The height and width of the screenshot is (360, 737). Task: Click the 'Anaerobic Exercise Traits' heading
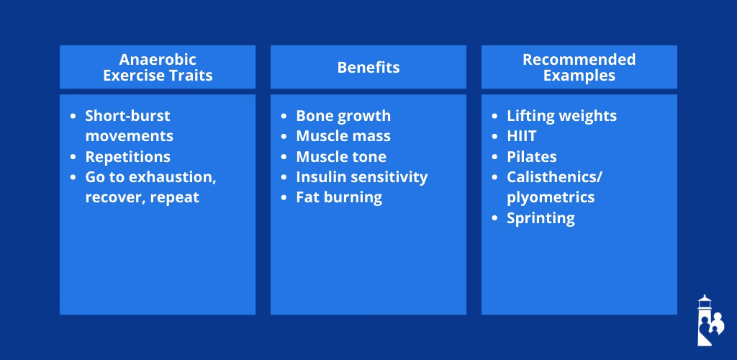click(x=158, y=67)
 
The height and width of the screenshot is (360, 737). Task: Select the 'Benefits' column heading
click(x=368, y=68)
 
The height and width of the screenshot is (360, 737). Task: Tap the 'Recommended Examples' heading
click(x=579, y=67)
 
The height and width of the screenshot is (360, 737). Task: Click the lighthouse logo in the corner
click(x=709, y=320)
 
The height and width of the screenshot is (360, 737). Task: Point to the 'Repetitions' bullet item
click(x=127, y=157)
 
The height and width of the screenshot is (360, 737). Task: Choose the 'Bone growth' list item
click(x=343, y=116)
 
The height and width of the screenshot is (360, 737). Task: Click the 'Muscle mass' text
click(x=343, y=136)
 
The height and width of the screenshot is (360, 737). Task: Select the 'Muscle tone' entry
click(x=341, y=157)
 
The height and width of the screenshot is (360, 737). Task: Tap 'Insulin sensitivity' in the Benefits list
click(x=361, y=177)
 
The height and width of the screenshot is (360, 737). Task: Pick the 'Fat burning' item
click(x=339, y=197)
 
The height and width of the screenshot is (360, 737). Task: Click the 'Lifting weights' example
click(x=561, y=116)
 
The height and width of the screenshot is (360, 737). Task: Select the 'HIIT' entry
click(x=522, y=136)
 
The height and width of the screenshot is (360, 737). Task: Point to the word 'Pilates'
click(x=532, y=157)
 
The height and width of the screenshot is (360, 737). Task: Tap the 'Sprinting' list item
click(x=541, y=218)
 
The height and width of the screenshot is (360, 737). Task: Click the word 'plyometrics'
click(x=551, y=197)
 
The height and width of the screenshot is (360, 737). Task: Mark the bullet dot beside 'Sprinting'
click(x=494, y=218)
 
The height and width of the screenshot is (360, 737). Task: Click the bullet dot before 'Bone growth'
click(x=283, y=116)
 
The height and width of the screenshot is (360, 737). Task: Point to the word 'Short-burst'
click(x=127, y=116)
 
